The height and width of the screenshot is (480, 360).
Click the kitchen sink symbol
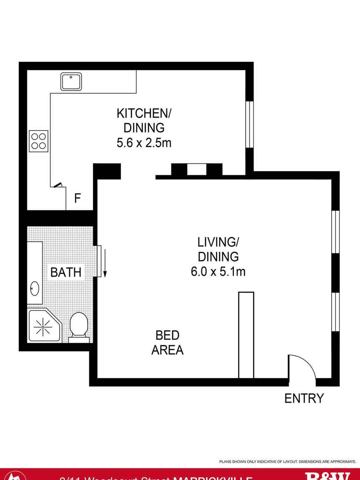coord(71,81)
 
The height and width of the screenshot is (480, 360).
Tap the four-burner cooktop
coord(38,141)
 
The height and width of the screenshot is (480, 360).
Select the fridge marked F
coord(78,199)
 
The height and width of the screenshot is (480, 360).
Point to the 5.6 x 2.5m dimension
coord(144,143)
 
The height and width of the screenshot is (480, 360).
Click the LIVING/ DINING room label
coord(218,249)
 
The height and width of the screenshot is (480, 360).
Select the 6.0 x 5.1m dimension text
coord(218,272)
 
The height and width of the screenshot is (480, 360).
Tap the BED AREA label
coord(167,342)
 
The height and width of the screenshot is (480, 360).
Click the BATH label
coord(65,272)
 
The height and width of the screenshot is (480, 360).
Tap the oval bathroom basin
coord(35,288)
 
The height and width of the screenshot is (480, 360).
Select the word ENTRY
coord(304,398)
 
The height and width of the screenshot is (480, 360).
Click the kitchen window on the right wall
coord(249,124)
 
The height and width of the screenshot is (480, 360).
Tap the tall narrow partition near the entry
coord(246,335)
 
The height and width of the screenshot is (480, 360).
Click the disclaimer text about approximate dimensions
coord(287,462)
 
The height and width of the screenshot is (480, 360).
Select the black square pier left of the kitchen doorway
coord(107,171)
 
